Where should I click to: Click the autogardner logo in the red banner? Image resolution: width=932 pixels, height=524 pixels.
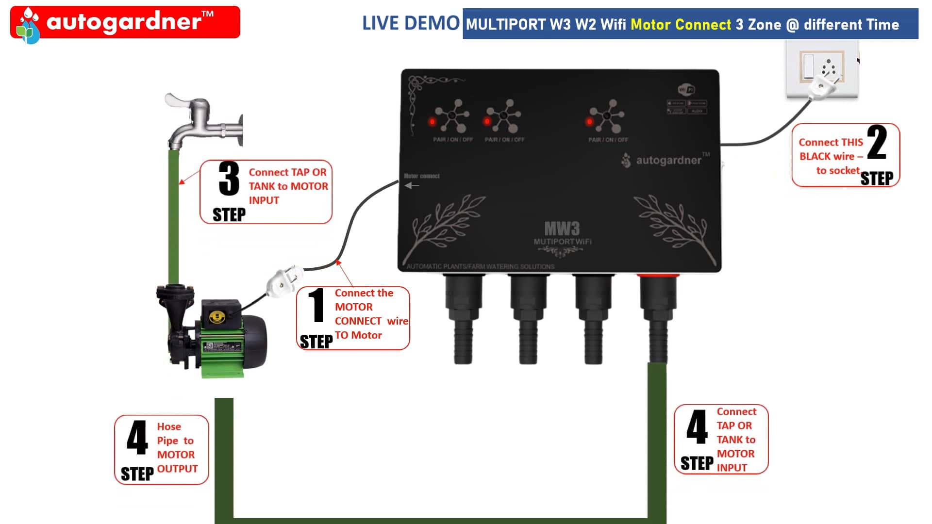[x=124, y=22]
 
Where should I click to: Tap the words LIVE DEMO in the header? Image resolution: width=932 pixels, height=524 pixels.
[x=411, y=23]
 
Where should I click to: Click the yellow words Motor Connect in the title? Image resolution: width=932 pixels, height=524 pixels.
[x=681, y=24]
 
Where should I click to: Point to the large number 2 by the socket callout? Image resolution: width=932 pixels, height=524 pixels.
[x=877, y=143]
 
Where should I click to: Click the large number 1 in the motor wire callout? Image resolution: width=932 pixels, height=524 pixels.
[x=316, y=306]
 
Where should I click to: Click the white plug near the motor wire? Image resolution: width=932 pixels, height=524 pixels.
[x=284, y=281]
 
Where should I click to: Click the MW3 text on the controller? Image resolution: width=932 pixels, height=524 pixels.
[x=562, y=229]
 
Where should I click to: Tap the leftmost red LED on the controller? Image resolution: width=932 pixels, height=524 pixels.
[x=432, y=121]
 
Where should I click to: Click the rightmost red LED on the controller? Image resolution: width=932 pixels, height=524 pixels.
[x=589, y=121]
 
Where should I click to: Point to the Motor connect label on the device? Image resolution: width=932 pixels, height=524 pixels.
[x=421, y=176]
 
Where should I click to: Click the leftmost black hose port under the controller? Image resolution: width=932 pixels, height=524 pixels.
[x=463, y=320]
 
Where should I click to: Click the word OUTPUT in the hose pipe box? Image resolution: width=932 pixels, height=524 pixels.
[x=177, y=469]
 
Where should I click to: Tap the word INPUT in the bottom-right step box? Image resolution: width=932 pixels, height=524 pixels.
[x=732, y=468]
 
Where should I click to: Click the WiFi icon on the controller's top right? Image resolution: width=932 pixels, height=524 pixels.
[x=686, y=90]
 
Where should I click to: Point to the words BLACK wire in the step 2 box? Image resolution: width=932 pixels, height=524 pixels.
[x=827, y=156]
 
